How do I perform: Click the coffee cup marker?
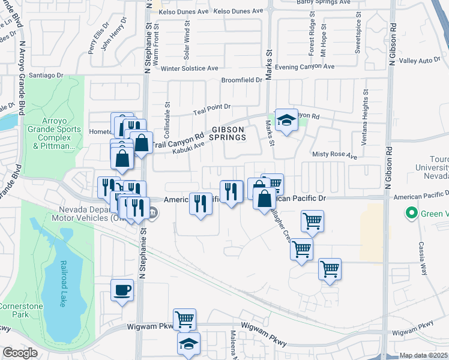[x=122, y=290]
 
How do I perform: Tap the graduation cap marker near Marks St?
[x=286, y=120]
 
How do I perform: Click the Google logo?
[x=20, y=353]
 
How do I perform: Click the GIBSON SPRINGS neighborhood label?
[x=228, y=133]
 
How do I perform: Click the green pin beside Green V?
[x=412, y=213]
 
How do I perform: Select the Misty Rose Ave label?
[x=335, y=155]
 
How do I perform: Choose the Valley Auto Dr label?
[x=420, y=61]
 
